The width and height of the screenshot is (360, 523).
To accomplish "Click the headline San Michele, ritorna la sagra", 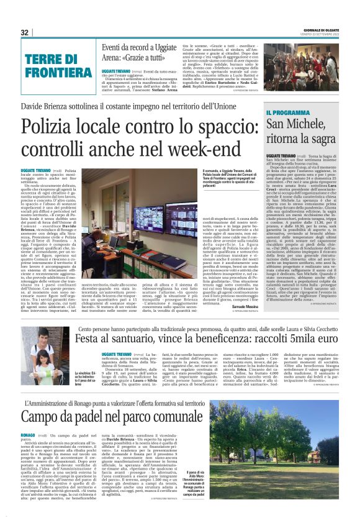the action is [302, 130].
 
